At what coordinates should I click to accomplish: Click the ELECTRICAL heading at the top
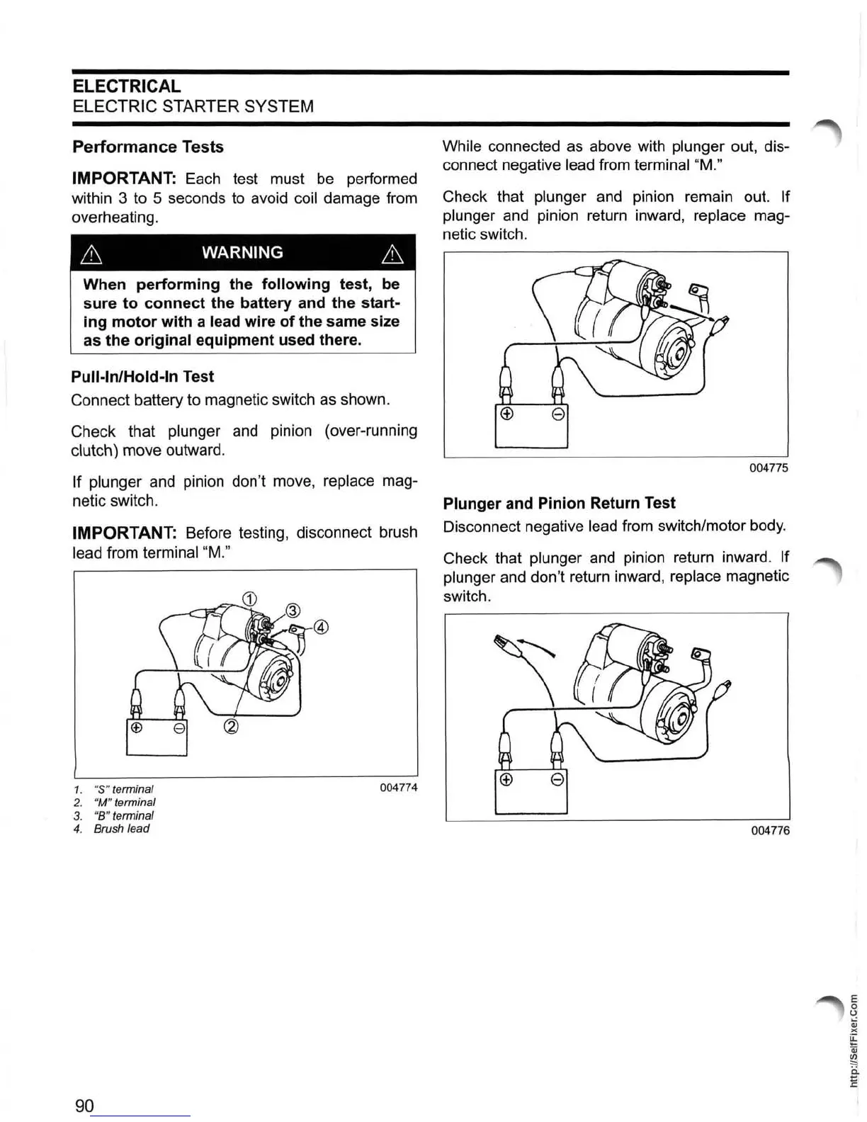coord(127,86)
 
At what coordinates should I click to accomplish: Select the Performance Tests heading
coord(148,147)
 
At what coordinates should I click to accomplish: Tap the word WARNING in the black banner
coord(242,253)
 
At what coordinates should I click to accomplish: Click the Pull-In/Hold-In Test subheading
coord(142,377)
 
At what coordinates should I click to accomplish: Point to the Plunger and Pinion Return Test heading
coord(559,504)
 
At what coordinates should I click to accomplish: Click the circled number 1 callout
coord(249,598)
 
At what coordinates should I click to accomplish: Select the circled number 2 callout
coord(231,727)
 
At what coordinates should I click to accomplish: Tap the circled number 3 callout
coord(293,611)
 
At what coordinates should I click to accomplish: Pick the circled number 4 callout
coord(321,628)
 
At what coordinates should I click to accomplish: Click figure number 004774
coord(398,788)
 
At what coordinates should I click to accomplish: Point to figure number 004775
coord(769,468)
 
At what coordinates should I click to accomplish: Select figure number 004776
coord(770,830)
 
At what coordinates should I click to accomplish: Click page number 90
coord(84,1106)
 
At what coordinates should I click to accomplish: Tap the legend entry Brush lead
coord(121,829)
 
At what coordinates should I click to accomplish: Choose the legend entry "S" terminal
coord(123,789)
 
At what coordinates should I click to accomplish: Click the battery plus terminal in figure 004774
coord(137,727)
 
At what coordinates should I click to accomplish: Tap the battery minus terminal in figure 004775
coord(557,415)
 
